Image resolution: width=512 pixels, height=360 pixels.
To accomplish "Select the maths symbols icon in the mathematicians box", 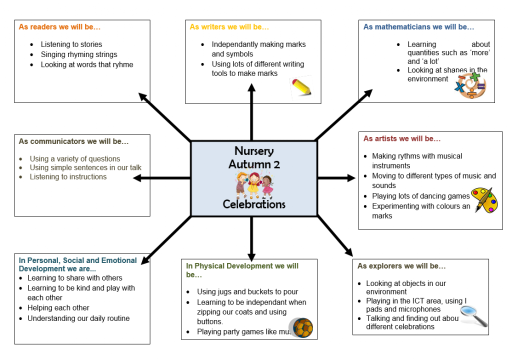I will (x=470, y=85).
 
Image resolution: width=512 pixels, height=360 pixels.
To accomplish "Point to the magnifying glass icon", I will (x=473, y=315).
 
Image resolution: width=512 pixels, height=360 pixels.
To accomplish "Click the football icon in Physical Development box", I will (x=303, y=328).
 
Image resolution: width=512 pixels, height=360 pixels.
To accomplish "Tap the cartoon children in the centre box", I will (x=254, y=184).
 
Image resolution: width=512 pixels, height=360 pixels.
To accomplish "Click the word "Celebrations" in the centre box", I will (x=254, y=204).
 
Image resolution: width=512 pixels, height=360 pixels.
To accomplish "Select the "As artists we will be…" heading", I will (x=402, y=138).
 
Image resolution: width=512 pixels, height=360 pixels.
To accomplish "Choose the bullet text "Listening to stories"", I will (x=71, y=44).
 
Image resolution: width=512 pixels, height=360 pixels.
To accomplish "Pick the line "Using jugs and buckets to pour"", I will (x=247, y=292).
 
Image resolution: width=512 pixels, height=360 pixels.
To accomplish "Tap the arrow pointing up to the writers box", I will (x=251, y=95).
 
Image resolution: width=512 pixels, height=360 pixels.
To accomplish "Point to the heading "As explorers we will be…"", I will (x=401, y=266).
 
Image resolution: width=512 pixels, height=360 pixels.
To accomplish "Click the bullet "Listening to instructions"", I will (x=68, y=176).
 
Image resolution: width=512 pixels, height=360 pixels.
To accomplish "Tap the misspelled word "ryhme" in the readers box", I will (x=122, y=64).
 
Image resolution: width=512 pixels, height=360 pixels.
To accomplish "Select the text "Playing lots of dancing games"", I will (x=421, y=196).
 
